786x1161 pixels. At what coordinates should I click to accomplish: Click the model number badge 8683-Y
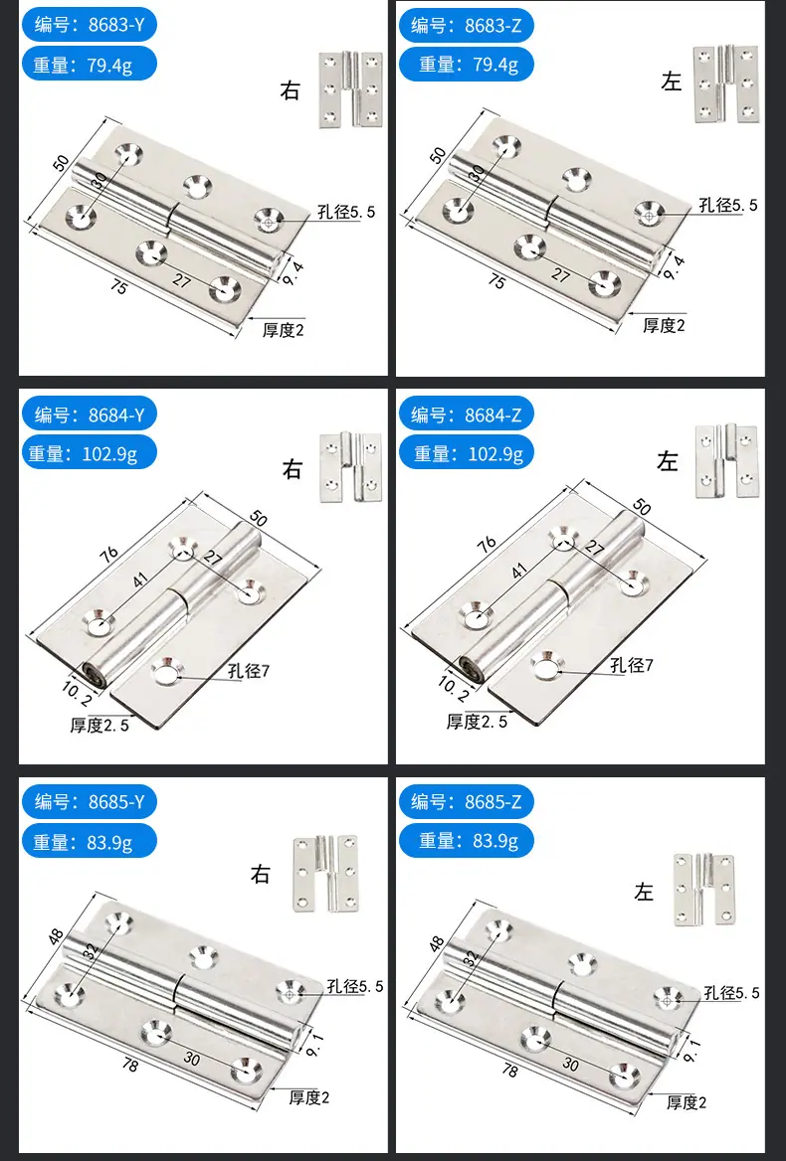(89, 25)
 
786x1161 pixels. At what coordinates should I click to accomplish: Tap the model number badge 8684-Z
(466, 415)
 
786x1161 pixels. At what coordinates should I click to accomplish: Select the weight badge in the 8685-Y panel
(89, 840)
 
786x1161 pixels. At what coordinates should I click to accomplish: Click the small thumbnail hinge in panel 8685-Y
(324, 874)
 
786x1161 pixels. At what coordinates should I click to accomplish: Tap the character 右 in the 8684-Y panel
(293, 469)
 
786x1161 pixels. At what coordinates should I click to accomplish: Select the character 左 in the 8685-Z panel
(643, 892)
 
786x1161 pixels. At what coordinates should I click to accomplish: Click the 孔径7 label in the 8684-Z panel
(631, 665)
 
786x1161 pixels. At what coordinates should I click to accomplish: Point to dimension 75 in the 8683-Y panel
(118, 286)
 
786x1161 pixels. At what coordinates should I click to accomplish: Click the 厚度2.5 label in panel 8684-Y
(99, 725)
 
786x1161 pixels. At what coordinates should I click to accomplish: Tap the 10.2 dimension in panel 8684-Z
(454, 687)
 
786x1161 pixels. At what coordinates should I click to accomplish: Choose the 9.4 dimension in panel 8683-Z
(674, 266)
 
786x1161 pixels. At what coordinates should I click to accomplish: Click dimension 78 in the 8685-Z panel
(509, 1070)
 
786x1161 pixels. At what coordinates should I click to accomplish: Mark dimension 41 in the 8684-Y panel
(140, 579)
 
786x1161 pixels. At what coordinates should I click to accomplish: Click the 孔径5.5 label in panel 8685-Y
(355, 986)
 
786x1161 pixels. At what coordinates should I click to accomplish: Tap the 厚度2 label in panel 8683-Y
(283, 329)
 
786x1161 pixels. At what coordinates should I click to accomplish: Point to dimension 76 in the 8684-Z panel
(487, 544)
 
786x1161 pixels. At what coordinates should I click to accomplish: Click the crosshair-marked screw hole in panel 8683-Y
(269, 220)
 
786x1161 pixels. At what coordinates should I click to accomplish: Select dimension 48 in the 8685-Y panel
(57, 936)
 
